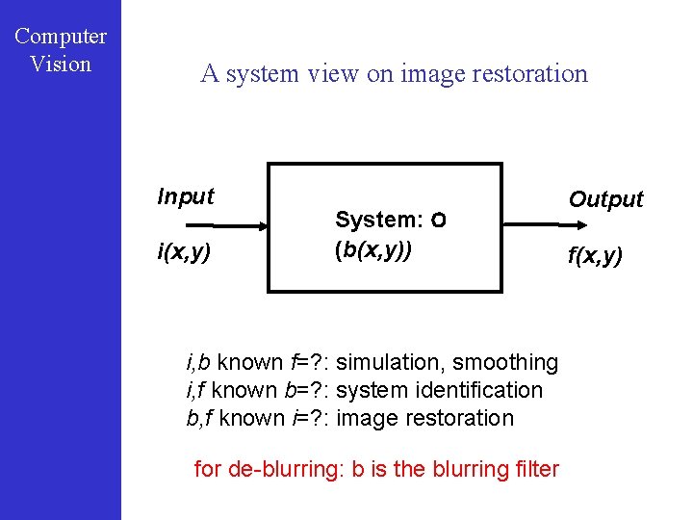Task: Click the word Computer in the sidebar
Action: click(x=61, y=37)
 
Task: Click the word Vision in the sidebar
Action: click(x=61, y=65)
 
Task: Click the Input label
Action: click(x=186, y=196)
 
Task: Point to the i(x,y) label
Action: click(x=186, y=253)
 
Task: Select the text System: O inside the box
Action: click(x=390, y=220)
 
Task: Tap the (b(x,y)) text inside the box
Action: click(x=373, y=250)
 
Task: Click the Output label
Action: click(x=605, y=199)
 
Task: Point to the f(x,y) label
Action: click(x=595, y=256)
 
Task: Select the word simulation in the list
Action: click(x=391, y=362)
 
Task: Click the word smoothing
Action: click(x=505, y=362)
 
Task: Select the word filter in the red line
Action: click(x=535, y=469)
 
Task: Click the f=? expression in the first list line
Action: click(x=306, y=362)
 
